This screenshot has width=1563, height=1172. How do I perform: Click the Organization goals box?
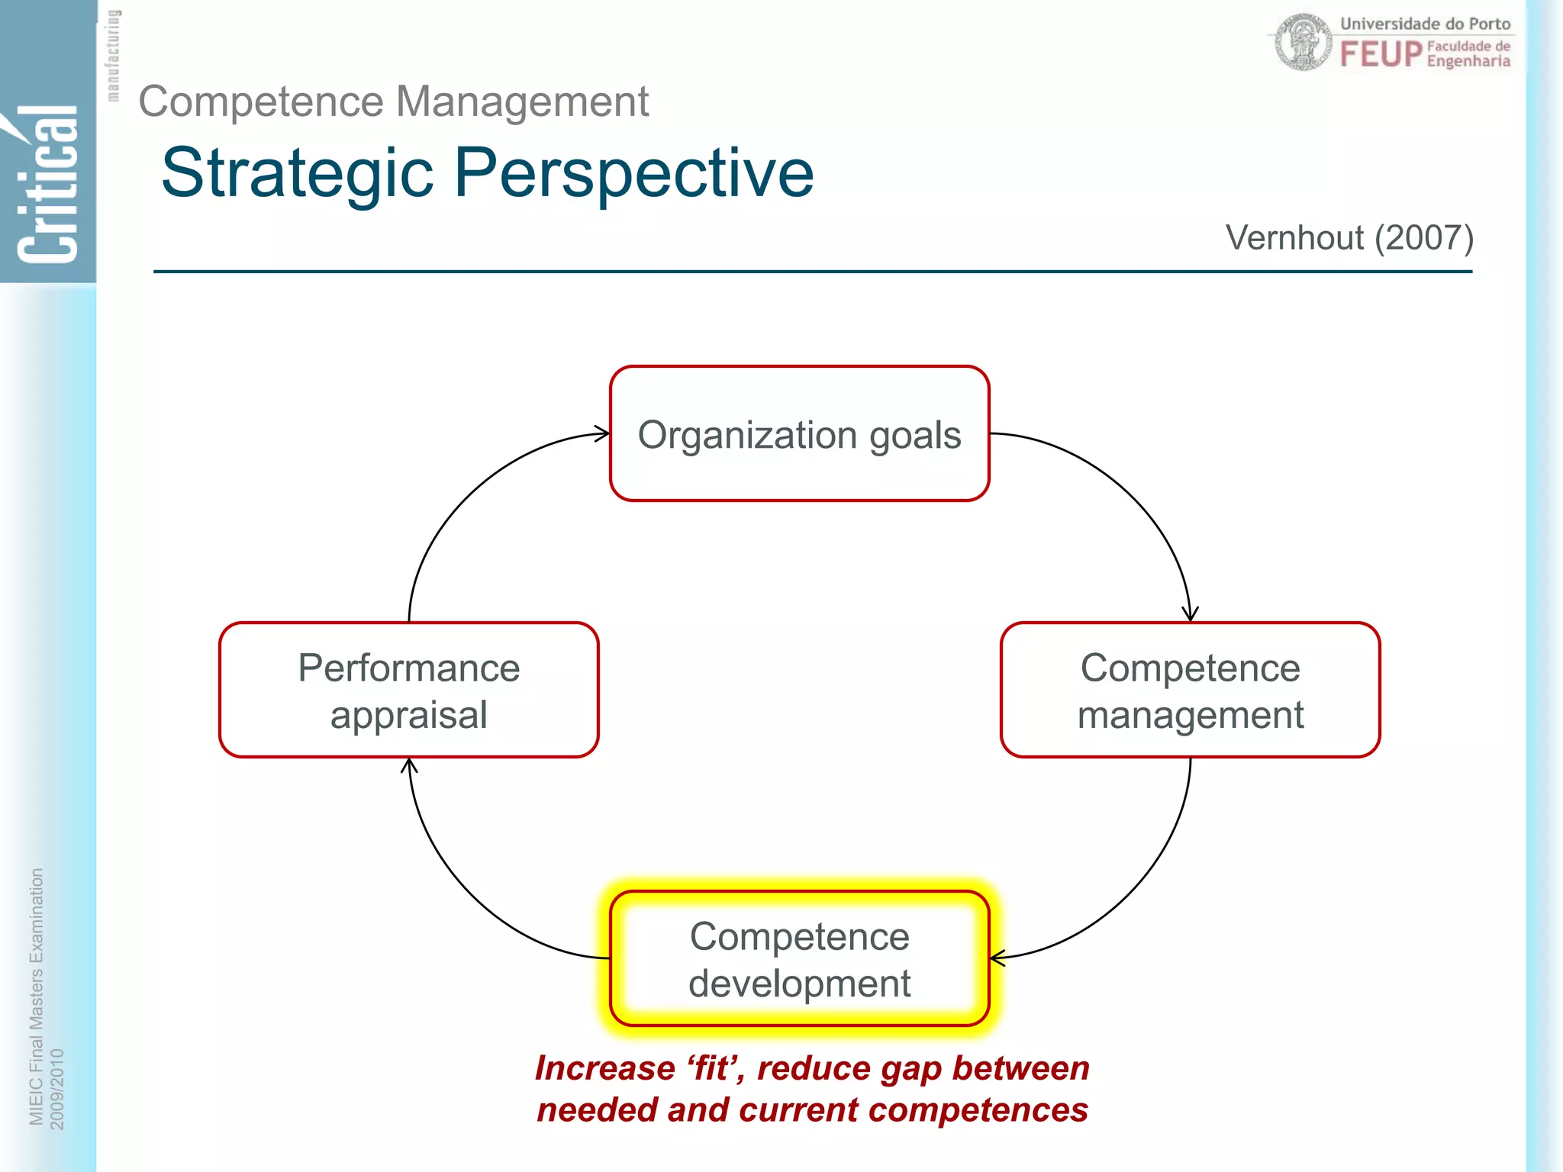click(799, 433)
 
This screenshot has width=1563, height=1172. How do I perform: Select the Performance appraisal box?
click(408, 690)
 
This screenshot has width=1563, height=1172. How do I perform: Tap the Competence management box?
click(1190, 690)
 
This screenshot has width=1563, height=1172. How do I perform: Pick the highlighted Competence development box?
click(799, 958)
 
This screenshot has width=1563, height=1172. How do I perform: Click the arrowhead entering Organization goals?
click(603, 433)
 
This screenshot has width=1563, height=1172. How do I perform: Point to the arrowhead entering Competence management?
click(1190, 615)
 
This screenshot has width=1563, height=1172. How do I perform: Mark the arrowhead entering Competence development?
click(997, 958)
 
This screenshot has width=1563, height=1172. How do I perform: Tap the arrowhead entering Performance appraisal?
click(409, 765)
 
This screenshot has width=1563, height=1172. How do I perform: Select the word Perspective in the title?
click(633, 174)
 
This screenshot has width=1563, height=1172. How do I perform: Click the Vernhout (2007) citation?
click(1349, 237)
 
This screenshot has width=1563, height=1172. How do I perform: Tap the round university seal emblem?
click(1304, 43)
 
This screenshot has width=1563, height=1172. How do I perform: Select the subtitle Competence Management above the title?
click(393, 101)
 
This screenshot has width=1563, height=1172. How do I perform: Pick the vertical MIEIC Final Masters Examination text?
click(36, 996)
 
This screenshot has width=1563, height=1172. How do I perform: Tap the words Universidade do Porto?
click(1425, 24)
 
